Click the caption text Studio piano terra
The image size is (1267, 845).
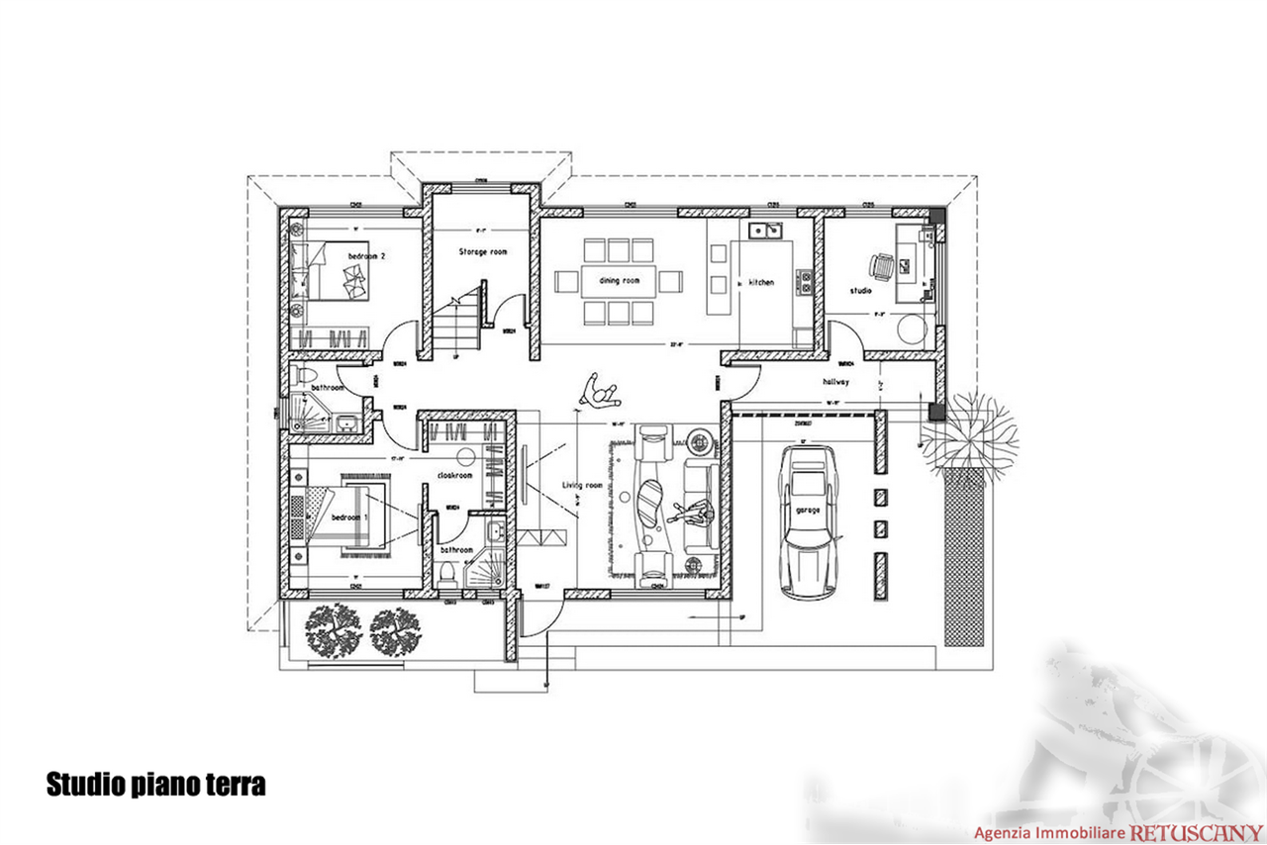pyautogui.click(x=155, y=785)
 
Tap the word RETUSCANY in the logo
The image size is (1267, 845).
pyautogui.click(x=1196, y=833)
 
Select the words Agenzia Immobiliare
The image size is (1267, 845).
pyautogui.click(x=1051, y=833)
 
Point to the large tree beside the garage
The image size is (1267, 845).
pyautogui.click(x=969, y=431)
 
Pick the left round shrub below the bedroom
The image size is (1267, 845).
pyautogui.click(x=332, y=629)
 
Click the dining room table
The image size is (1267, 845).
pyautogui.click(x=619, y=282)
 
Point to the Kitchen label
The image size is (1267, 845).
pyautogui.click(x=760, y=283)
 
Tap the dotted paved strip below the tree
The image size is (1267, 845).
pyautogui.click(x=962, y=554)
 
